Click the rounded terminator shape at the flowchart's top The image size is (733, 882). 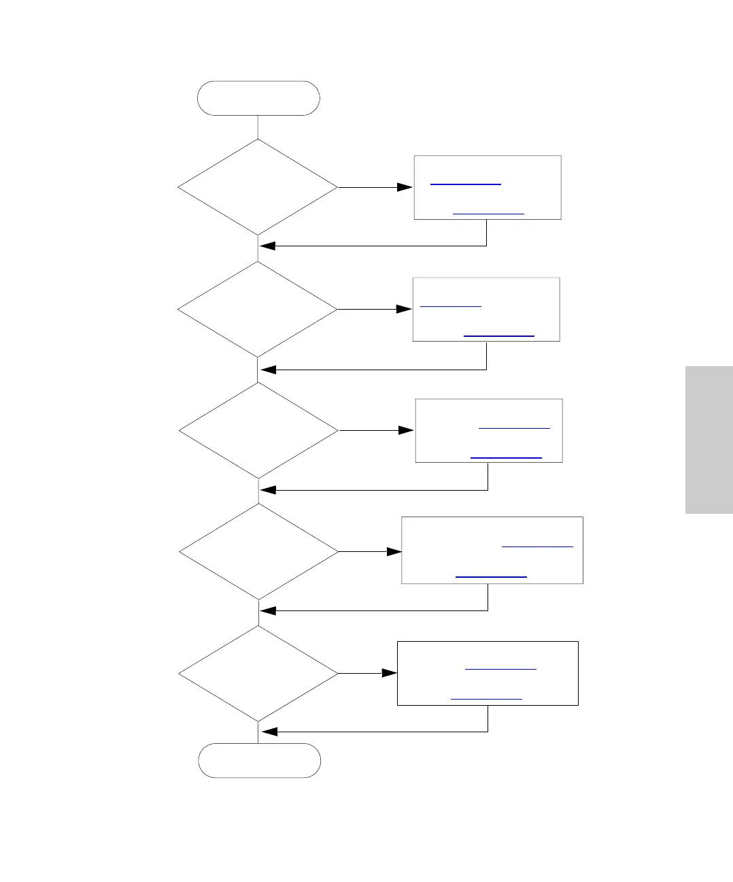pos(258,98)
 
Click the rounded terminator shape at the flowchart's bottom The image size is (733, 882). pos(259,760)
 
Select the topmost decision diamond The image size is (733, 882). pos(258,187)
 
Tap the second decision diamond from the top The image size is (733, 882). pos(258,310)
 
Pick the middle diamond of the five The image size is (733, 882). pos(258,431)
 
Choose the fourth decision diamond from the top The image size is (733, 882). pos(258,551)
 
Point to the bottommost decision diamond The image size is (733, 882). pos(258,673)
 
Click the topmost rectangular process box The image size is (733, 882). pos(488,187)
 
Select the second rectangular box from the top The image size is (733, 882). pos(486,309)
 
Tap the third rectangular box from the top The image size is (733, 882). pos(489,431)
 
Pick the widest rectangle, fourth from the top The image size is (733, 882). pos(492,550)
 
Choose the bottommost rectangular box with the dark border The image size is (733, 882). pos(488,673)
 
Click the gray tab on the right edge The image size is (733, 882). pos(709,440)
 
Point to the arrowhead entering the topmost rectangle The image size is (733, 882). pos(405,187)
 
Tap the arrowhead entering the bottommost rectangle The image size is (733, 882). pos(390,673)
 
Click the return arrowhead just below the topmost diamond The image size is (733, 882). pos(267,246)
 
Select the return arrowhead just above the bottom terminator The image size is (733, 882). pos(269,732)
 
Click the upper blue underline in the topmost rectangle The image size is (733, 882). pos(466,184)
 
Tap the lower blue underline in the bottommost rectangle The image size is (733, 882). pos(486,699)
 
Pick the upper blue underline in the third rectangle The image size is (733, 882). pos(514,428)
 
